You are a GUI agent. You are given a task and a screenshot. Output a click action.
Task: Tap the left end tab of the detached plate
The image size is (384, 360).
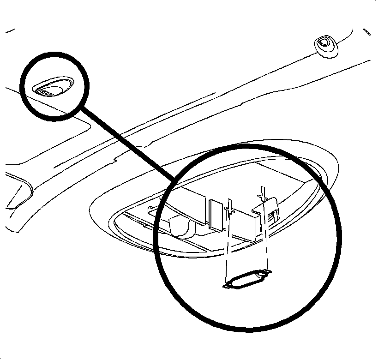pos(228,286)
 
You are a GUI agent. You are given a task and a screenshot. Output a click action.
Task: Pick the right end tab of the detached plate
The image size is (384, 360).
pos(266,271)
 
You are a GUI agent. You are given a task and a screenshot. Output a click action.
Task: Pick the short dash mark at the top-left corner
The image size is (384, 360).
pos(9,32)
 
